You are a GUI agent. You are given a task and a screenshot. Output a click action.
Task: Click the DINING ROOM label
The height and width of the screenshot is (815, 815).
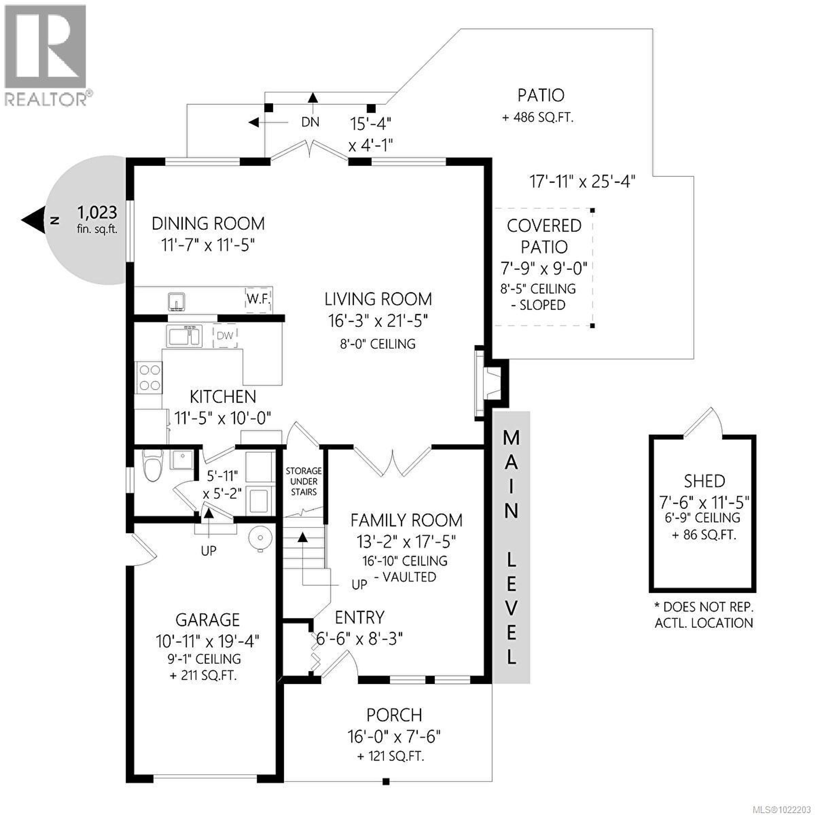coord(208,223)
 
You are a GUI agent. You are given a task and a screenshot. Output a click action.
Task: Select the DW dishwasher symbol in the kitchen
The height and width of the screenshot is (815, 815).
coord(225,336)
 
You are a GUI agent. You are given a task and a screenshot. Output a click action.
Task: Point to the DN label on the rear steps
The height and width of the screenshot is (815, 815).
coord(310,122)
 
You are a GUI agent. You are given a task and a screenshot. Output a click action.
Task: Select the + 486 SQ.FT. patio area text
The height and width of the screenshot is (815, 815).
coord(538,118)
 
